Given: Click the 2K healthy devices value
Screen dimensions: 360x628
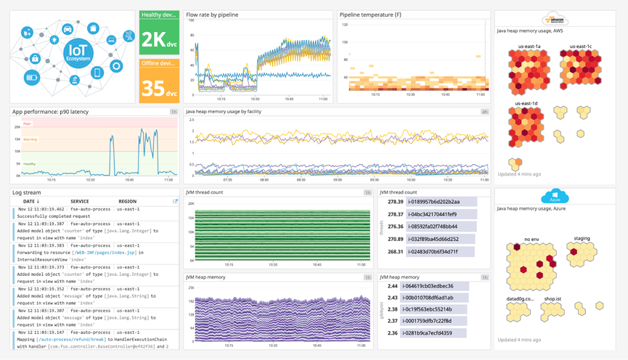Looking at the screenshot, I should (x=158, y=39).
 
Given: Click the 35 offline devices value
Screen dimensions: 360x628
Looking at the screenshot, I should (x=158, y=88).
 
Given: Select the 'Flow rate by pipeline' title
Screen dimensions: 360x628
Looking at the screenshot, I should (x=212, y=15).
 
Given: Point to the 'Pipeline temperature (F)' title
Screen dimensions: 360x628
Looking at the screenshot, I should (x=371, y=15).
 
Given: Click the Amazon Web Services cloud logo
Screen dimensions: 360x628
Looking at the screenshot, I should (x=555, y=20).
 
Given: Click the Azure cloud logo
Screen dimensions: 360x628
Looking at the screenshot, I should (x=555, y=197).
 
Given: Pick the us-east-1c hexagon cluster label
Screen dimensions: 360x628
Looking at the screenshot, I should (x=581, y=46).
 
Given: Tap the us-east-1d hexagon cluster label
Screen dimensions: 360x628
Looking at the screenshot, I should (x=526, y=104).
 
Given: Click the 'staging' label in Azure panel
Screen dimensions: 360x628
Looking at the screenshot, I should (x=582, y=238).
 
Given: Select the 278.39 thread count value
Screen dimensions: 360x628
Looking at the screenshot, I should (x=396, y=202).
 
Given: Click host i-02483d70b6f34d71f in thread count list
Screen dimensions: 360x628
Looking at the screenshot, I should (x=433, y=252).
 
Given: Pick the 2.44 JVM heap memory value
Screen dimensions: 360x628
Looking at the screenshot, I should (x=391, y=286).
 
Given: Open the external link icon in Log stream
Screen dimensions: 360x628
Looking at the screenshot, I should (x=175, y=201).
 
